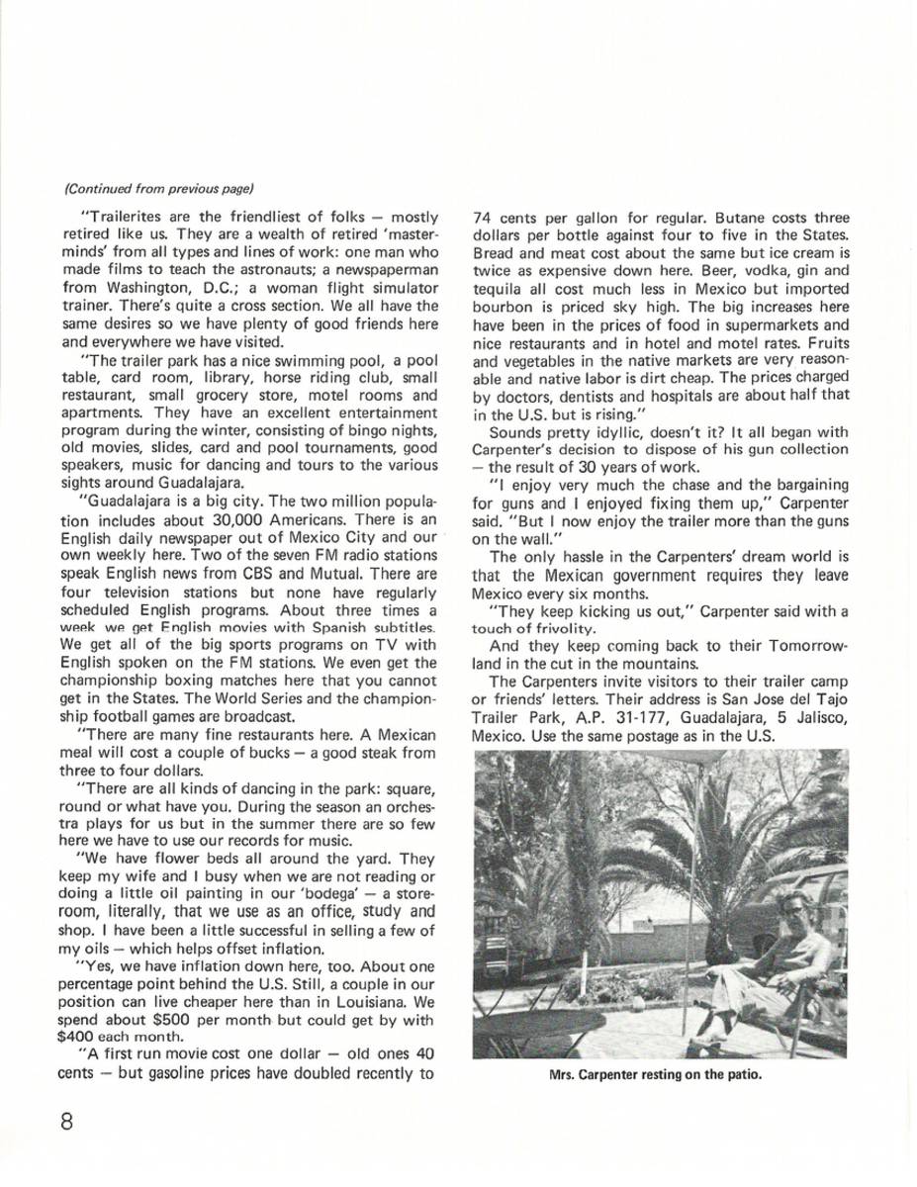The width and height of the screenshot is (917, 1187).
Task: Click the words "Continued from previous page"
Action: (159, 188)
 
